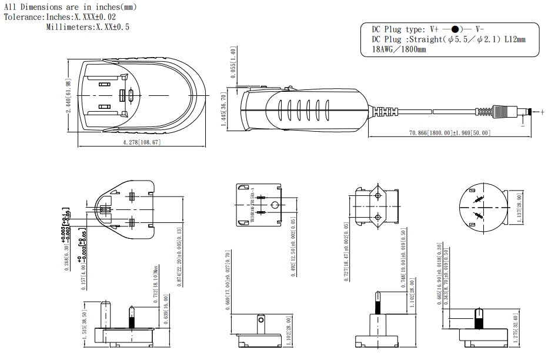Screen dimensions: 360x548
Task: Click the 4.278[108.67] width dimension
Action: coord(141,143)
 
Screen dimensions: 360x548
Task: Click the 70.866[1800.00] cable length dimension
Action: coord(450,133)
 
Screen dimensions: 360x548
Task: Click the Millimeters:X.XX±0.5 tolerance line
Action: coord(88,26)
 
